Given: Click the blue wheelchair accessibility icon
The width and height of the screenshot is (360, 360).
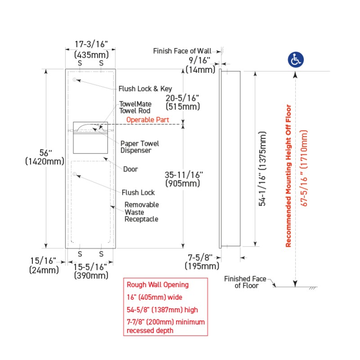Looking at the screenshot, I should coord(296,59).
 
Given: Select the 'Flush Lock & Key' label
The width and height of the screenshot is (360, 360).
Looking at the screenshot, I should coord(145,89).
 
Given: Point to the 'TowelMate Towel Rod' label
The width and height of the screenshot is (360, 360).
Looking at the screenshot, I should coord(135,107).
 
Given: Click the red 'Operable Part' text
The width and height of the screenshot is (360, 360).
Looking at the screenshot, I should coord(148,120).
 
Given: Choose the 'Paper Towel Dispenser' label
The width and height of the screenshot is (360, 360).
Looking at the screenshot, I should coord(139,147).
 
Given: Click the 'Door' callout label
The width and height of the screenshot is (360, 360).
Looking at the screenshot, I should coord(130,169).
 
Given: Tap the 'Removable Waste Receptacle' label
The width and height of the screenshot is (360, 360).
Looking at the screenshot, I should coord(141,211).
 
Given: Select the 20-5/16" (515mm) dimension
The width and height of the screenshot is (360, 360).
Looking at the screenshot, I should coord(182,102).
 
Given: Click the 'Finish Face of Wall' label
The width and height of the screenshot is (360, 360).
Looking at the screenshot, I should coord(185,51).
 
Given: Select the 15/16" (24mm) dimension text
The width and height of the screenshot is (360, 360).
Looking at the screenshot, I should coord(44,265).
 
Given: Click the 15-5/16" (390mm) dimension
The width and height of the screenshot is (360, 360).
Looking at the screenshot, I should coord(91,271).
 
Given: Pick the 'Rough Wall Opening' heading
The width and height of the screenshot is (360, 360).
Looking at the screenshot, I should coord(157,285).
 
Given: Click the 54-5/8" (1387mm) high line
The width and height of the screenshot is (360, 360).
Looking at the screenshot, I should coord(162,310).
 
